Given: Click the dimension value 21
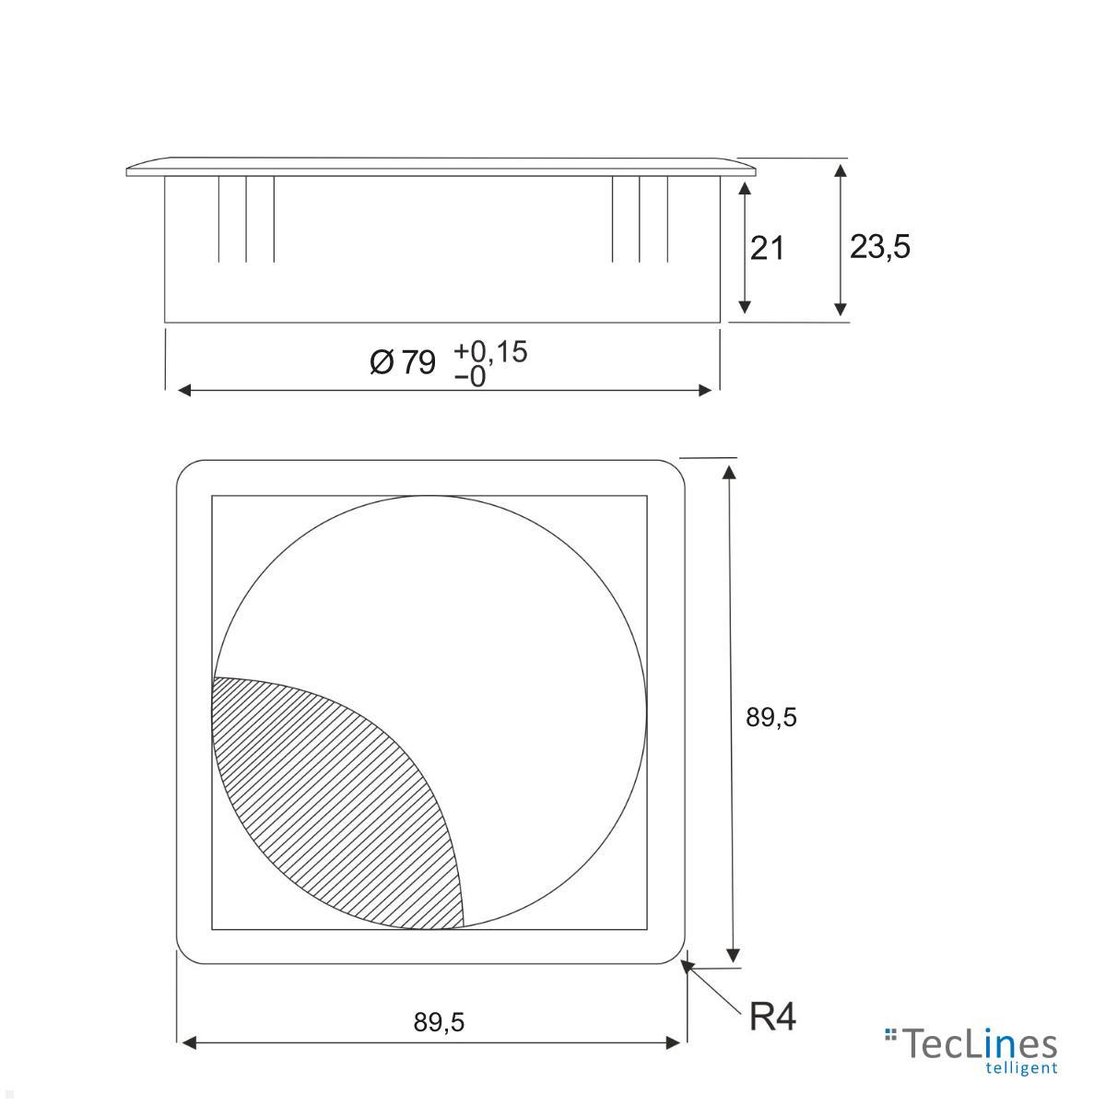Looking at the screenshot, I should pos(766,248).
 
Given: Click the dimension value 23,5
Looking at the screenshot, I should pos(879,246).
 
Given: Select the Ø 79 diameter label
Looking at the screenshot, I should pos(403,362).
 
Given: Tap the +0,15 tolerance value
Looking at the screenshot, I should pos(490,351).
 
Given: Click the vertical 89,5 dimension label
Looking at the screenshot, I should pos(771,717).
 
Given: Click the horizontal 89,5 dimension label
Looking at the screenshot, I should pos(439,1021).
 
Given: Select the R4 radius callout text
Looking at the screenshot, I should pos(771,1018).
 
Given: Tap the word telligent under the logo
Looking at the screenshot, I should pos(1020,1069).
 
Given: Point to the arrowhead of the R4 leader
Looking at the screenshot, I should pos(688,967).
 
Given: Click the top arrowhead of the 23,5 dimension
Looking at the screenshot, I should pos(840,171).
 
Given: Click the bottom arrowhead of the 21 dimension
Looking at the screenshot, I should pos(745,307).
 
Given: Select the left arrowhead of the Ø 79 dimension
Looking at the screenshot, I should pos(183,391).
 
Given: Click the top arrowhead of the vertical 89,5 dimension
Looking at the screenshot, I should pos(729,473).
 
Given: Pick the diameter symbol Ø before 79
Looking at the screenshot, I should pos(382,362).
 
